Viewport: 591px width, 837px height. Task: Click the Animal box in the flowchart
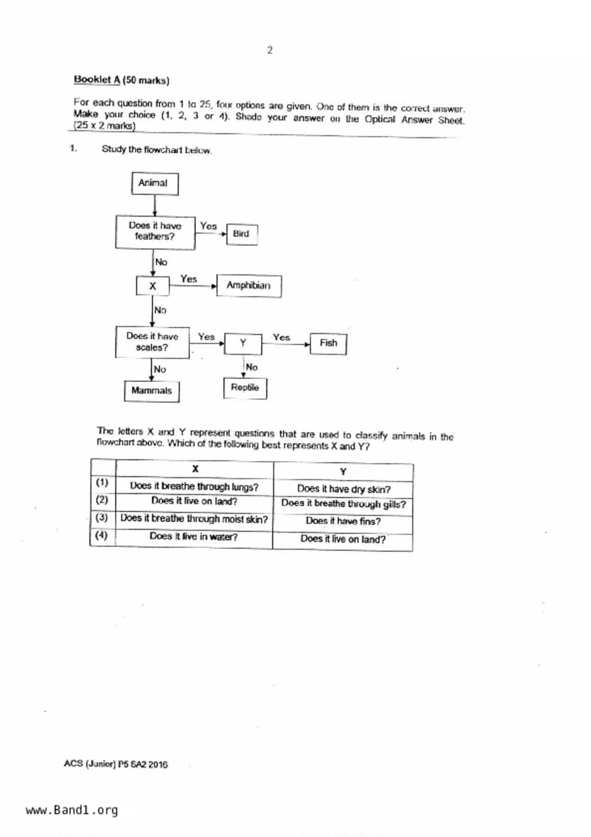(x=155, y=184)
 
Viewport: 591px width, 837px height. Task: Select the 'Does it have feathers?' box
(x=155, y=231)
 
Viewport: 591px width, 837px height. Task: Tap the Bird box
(x=241, y=234)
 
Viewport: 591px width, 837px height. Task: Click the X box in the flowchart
(x=153, y=286)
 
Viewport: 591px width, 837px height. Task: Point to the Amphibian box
(x=249, y=285)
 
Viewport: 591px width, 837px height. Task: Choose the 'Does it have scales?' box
(x=152, y=342)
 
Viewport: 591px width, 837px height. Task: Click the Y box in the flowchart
(x=243, y=343)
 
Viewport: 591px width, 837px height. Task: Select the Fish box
(x=328, y=343)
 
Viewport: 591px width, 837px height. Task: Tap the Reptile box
(x=245, y=387)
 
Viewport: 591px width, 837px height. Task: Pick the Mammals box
(x=152, y=391)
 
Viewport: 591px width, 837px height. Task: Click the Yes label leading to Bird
(x=208, y=226)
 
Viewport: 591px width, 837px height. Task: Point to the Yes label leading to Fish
(x=281, y=337)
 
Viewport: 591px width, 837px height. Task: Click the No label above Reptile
(x=251, y=367)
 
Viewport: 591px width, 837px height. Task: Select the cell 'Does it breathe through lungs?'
(x=194, y=487)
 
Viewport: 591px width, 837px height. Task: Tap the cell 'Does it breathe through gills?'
(x=343, y=504)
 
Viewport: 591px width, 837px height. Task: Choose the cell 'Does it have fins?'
(x=343, y=521)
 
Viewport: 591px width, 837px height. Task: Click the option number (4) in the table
(x=102, y=535)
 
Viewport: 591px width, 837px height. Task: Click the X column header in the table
(x=195, y=469)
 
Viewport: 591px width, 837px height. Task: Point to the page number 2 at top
(x=270, y=50)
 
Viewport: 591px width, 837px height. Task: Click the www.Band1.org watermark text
(x=72, y=810)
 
